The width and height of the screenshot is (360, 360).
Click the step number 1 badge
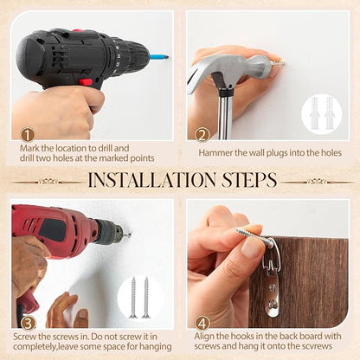coord(28,135)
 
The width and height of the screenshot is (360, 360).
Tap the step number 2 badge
coord(202,135)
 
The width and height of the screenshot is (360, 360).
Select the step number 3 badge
coord(28,324)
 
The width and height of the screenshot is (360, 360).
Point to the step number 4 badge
coord(202,324)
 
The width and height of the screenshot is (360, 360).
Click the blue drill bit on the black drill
coord(159,56)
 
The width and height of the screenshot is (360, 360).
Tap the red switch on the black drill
coord(87,82)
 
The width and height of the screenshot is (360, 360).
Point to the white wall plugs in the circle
coord(321,112)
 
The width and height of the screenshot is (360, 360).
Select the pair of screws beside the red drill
coord(139,298)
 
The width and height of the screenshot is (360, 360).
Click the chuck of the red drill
coord(111,232)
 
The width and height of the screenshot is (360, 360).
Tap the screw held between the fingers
coord(254,238)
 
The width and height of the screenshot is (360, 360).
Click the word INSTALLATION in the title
coord(151,180)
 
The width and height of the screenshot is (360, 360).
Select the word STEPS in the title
coord(249,180)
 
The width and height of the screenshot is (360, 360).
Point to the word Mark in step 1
coord(29,148)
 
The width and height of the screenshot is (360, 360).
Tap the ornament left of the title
coord(48,182)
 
